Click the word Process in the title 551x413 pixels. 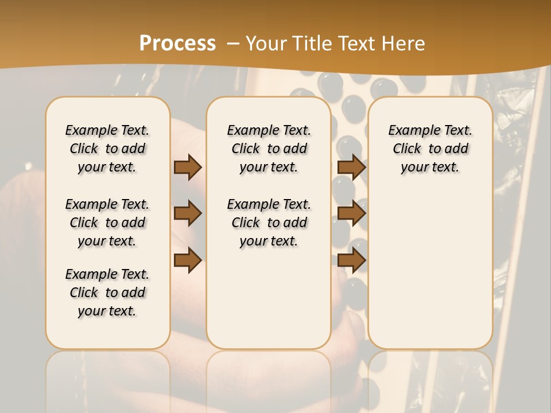tap(177, 43)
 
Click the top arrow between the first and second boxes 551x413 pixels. tap(188, 167)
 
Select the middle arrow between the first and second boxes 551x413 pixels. tap(188, 213)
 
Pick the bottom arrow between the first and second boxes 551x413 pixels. tap(188, 260)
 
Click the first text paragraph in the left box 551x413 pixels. tap(107, 149)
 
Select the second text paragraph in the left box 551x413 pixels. tap(107, 223)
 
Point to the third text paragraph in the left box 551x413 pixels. tap(107, 293)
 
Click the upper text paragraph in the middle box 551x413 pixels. tap(269, 149)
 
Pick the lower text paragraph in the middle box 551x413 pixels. tap(269, 223)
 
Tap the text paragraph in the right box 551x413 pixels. tap(430, 149)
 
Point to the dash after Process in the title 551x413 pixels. tap(231, 43)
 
